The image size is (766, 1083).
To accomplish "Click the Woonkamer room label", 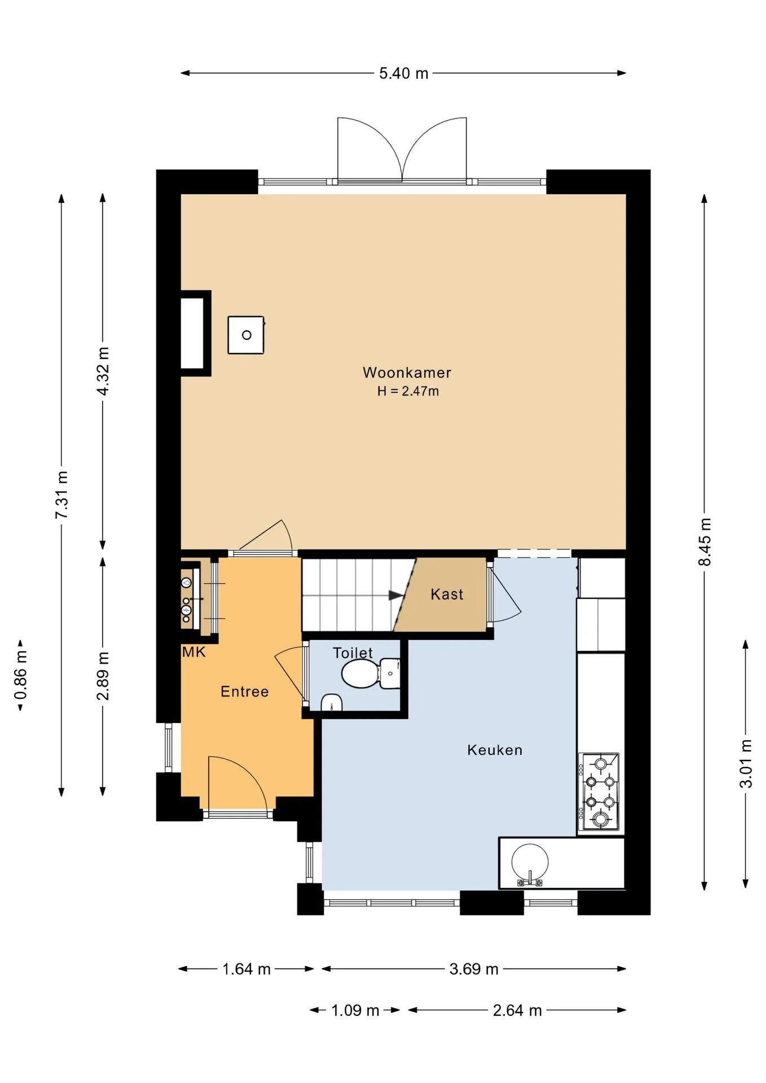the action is [x=407, y=372].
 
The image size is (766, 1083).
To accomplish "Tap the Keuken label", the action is [x=495, y=750].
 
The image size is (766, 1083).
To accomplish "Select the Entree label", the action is [x=244, y=691].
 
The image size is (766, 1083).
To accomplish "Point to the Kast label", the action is [x=447, y=594].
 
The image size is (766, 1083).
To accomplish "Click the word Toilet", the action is [x=353, y=653].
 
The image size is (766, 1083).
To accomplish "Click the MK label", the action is [x=193, y=652].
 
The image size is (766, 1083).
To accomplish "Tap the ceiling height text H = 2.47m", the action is [x=408, y=391].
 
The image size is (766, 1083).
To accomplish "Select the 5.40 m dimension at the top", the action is [x=403, y=73].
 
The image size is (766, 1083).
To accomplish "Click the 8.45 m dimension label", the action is [x=705, y=541].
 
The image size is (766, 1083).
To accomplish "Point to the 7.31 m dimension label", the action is [x=61, y=495].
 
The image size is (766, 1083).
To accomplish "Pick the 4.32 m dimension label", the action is [x=103, y=371].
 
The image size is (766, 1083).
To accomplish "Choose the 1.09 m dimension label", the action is [x=355, y=1010].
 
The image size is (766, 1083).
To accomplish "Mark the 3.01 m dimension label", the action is [x=746, y=763].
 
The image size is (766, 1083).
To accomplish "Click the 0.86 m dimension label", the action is [x=21, y=675].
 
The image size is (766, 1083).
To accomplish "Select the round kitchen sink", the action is [x=530, y=862].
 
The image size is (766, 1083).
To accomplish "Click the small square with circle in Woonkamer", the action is [x=246, y=335].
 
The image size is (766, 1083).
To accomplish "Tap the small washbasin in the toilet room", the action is [x=332, y=703].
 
